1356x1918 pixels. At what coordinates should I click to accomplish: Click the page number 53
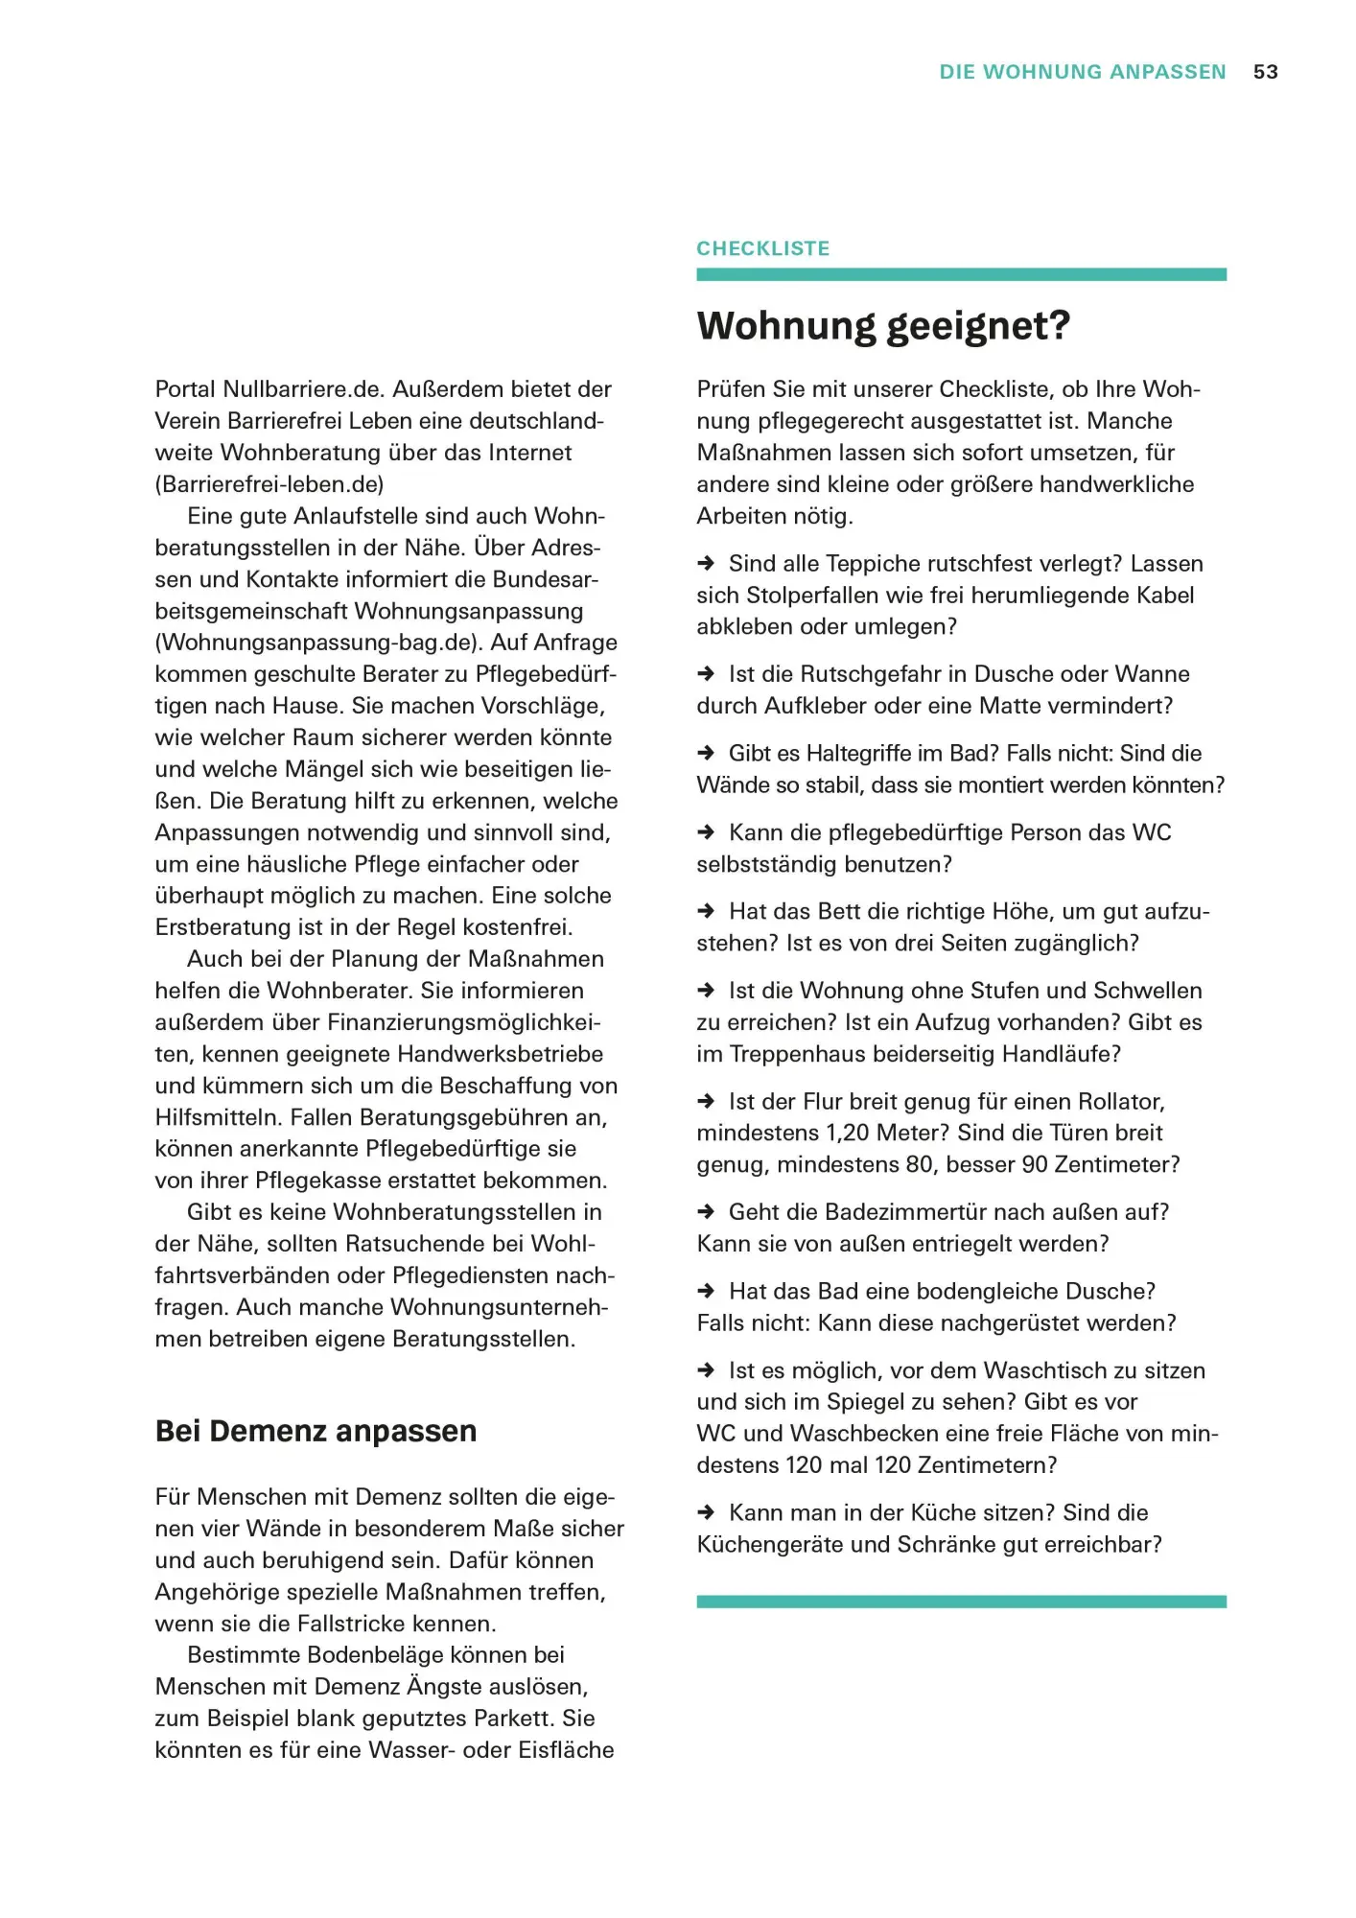point(1265,72)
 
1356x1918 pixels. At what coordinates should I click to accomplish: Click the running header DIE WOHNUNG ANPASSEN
point(1082,72)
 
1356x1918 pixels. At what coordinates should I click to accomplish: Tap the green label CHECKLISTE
point(762,248)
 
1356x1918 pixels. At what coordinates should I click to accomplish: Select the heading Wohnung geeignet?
point(882,326)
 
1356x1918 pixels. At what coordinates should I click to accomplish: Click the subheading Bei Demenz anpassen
point(316,1431)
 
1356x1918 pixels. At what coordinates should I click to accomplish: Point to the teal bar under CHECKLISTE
point(961,274)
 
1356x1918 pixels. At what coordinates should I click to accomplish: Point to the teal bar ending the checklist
point(961,1602)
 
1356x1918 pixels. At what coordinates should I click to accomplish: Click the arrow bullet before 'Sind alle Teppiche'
point(706,563)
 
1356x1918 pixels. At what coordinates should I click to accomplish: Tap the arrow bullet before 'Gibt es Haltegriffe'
point(706,753)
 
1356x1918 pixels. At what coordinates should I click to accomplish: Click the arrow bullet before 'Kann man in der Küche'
point(706,1512)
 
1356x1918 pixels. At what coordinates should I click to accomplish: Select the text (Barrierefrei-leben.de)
point(269,484)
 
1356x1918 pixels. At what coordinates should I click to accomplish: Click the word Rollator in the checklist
point(1121,1101)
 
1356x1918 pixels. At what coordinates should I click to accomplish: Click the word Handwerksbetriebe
point(500,1054)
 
